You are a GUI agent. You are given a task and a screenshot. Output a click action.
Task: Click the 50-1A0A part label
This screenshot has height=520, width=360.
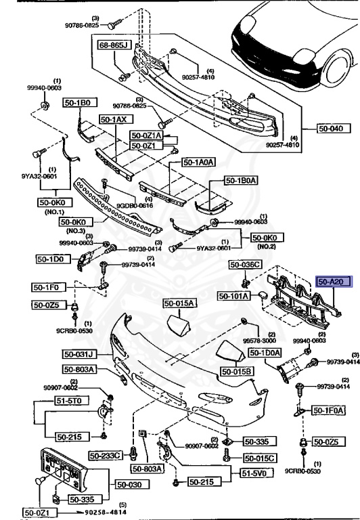[x=199, y=162]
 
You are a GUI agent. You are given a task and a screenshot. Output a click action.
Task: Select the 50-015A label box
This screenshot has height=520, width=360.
[x=179, y=303]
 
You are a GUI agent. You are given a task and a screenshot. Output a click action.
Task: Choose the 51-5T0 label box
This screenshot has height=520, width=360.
[x=51, y=401]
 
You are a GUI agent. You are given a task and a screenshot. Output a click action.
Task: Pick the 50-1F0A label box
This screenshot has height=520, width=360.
[x=328, y=410]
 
